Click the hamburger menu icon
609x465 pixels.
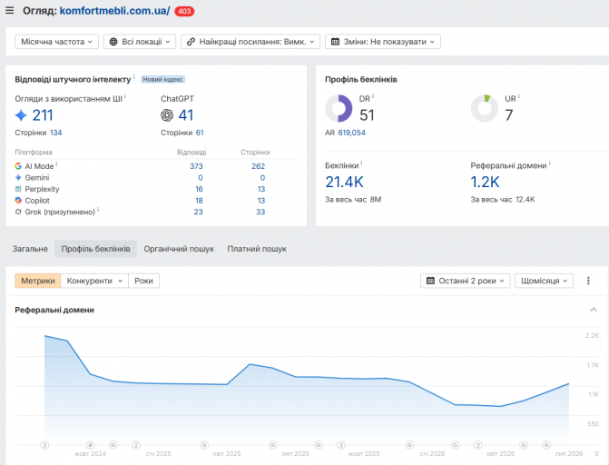(10, 11)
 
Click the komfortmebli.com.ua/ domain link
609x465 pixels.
(114, 11)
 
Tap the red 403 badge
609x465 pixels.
(184, 11)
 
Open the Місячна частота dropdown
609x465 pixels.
(56, 42)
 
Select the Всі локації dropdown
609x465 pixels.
(140, 42)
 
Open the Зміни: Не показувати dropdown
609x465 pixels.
(383, 42)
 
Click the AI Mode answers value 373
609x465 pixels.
(196, 166)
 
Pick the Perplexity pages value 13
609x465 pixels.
(261, 189)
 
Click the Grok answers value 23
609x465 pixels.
(198, 212)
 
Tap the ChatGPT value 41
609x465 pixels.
(186, 115)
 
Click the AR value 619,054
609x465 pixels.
(351, 133)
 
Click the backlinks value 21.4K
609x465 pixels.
(344, 182)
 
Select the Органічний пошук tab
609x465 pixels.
(179, 249)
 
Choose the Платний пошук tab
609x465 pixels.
(257, 249)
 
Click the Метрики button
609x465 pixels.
(38, 281)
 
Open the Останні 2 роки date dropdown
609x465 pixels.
(466, 281)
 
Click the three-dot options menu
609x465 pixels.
(588, 281)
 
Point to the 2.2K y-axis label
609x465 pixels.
(592, 335)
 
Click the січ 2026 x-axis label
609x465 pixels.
(432, 454)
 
